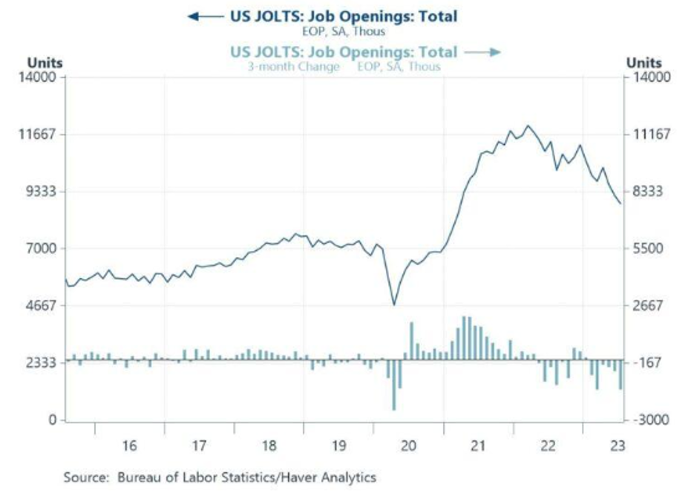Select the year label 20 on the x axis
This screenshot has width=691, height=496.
pos(407,446)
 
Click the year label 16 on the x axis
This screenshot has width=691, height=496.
pos(129,446)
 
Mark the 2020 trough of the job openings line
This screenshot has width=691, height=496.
pos(394,304)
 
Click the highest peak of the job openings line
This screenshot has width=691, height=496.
pos(528,125)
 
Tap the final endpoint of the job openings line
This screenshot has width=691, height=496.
pos(620,203)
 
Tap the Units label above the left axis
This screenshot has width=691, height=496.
pos(45,63)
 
